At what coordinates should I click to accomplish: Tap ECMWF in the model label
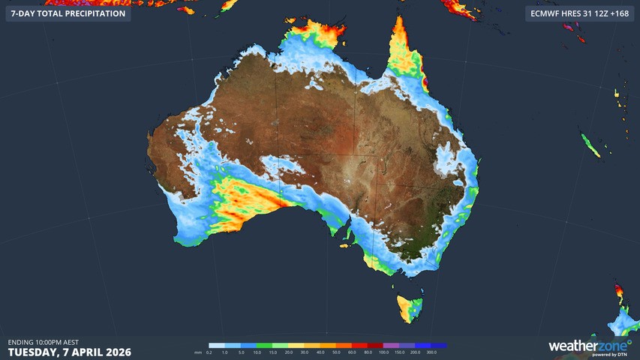pos(543,13)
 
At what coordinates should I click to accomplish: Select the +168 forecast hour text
pos(618,13)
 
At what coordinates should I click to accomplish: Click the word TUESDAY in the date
pos(35,352)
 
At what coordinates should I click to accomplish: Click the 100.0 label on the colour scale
pos(383,352)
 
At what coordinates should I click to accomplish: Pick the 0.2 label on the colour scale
pos(209,352)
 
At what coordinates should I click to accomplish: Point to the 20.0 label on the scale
pos(290,352)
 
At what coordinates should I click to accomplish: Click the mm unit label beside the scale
pos(198,352)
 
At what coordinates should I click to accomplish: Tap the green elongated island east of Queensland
pos(590,145)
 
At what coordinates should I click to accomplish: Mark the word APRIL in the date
pos(86,352)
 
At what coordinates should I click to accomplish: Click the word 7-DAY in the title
pos(25,13)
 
